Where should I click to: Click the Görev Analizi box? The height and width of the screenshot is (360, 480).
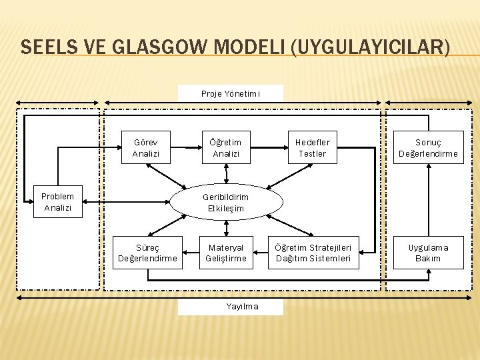[x=145, y=147]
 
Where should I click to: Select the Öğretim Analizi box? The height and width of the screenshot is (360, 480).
[x=226, y=147]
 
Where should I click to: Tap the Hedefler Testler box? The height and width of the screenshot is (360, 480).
[x=312, y=147]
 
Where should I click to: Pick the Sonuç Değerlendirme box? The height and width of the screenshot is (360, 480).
[x=428, y=147]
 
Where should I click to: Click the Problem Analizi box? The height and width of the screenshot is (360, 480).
[x=57, y=201]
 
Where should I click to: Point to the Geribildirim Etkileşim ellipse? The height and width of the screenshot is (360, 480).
[x=226, y=203]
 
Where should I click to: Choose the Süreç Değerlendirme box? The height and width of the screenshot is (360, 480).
[x=147, y=253]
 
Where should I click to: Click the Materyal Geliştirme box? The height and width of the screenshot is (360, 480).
[x=226, y=253]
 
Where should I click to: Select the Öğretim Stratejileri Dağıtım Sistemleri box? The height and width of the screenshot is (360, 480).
[x=313, y=253]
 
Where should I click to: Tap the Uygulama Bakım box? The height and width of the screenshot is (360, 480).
[x=428, y=253]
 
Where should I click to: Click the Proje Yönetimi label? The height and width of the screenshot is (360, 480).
[x=230, y=94]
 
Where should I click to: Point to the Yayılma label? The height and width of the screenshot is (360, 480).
[x=230, y=306]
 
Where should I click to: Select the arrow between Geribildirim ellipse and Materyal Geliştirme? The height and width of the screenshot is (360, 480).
[x=226, y=227]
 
